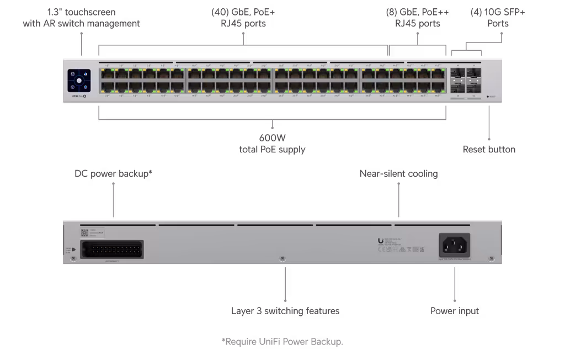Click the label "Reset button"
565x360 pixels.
489,150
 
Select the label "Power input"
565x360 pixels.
455,311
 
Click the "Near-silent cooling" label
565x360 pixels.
398,174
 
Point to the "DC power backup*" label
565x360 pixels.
114,174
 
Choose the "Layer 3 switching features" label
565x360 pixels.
285,311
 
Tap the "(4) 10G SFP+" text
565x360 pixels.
497,12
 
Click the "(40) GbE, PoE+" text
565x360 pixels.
242,12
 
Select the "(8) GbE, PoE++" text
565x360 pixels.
417,12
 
